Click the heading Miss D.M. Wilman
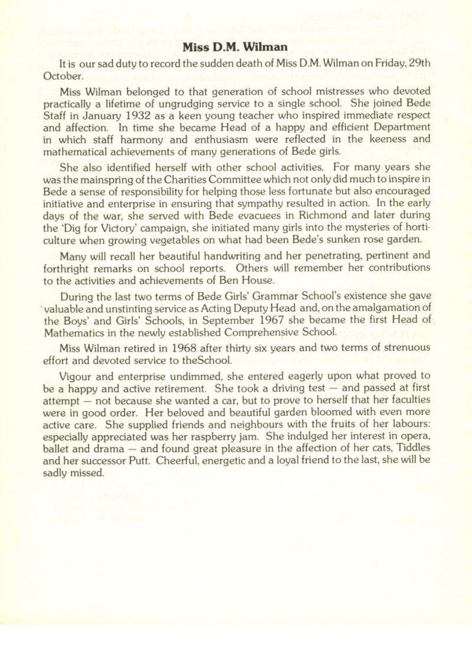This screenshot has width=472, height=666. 235,48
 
